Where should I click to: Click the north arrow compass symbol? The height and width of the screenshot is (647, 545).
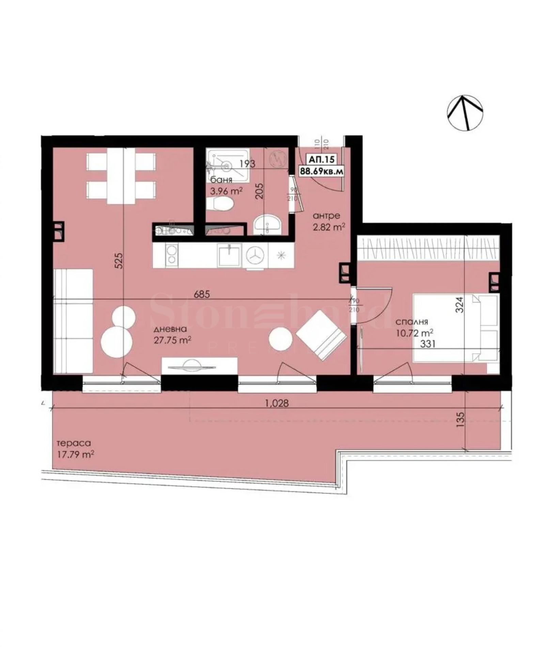pos(465,112)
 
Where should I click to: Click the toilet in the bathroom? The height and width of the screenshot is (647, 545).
pos(220,205)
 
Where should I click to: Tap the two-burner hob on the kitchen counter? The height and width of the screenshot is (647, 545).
pos(172,255)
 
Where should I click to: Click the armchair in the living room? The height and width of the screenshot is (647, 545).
pos(321,336)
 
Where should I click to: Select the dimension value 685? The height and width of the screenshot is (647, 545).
pos(202,294)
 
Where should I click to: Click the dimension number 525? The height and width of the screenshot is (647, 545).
pos(118,261)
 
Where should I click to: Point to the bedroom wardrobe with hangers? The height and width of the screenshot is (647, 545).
pos(428,247)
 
